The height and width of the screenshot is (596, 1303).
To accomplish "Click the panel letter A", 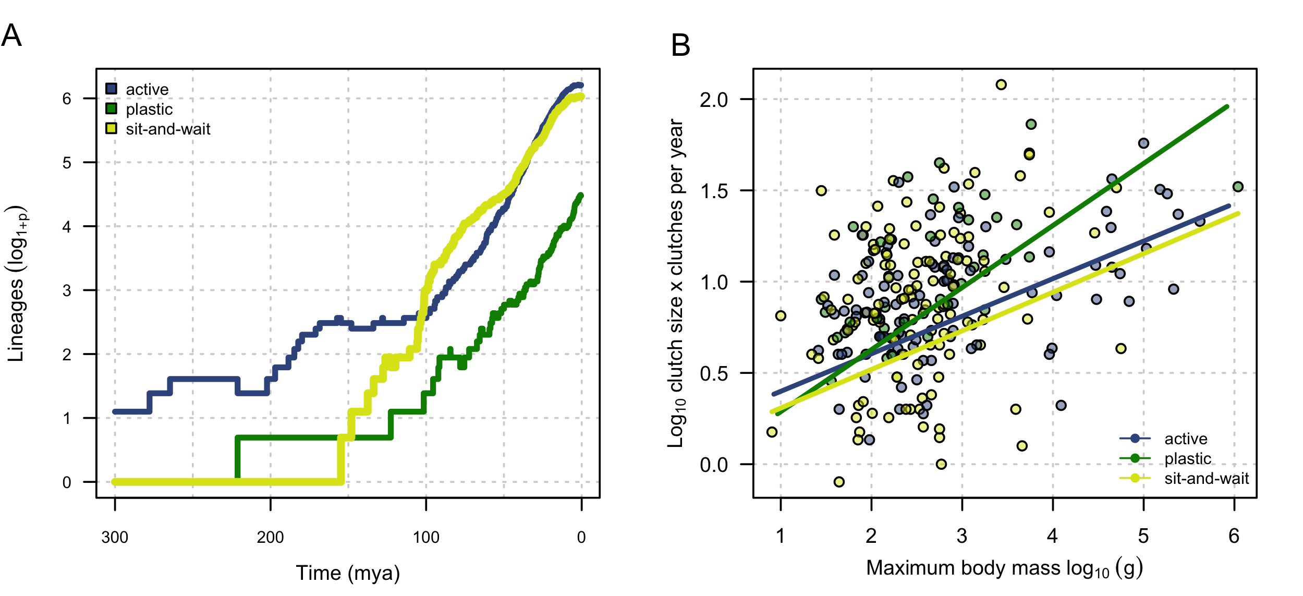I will point(11,35).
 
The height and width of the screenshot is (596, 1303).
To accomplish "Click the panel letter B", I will point(680,45).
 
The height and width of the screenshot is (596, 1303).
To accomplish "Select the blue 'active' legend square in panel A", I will point(111,89).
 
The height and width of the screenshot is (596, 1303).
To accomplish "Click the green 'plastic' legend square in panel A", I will point(111,108).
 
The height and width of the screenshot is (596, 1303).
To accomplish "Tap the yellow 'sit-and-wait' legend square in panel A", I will point(111,128).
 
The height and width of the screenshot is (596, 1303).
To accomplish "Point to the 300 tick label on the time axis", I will point(115,537).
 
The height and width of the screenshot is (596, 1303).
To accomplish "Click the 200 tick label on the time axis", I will point(270,537).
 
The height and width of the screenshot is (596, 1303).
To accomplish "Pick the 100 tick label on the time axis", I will point(426,537).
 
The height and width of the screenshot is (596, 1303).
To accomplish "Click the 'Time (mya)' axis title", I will point(348,573).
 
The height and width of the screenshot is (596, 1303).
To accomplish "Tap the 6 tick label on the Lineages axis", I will point(67,99).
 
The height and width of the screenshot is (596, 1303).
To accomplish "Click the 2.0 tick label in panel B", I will point(714,100).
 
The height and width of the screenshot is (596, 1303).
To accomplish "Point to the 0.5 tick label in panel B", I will point(714,373).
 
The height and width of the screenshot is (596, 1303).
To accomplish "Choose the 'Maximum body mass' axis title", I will point(1004,568).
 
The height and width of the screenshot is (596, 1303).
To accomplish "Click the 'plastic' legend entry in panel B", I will point(1188,458).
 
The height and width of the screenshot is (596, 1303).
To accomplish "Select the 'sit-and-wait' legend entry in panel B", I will point(1207,478).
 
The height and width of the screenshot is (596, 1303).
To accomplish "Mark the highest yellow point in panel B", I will point(1001,84).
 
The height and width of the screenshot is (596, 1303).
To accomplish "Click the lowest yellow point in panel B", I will point(839,482).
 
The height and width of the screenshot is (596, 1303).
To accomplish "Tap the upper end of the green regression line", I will point(1227,107).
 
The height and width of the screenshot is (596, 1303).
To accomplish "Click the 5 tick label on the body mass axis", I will point(1143,536).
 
